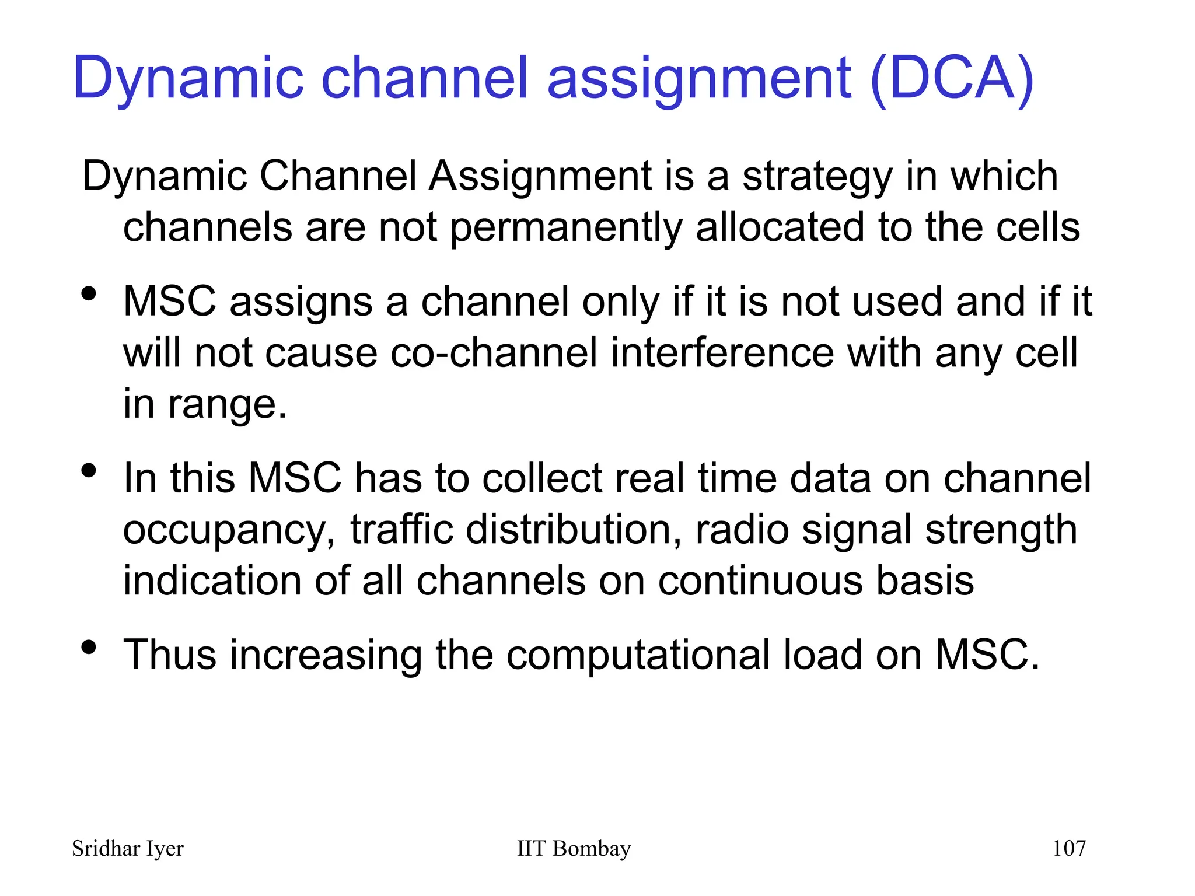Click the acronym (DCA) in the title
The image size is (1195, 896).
[x=952, y=79]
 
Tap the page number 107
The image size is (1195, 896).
[x=1068, y=848]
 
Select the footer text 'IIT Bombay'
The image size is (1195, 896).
[x=574, y=848]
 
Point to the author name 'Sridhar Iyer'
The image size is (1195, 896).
[x=127, y=849]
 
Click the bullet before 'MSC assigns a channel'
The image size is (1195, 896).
[x=89, y=294]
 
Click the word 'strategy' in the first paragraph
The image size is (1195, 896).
[x=817, y=177]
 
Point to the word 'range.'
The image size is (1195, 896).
[x=228, y=405]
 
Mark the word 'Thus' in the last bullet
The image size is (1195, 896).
[x=170, y=654]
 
